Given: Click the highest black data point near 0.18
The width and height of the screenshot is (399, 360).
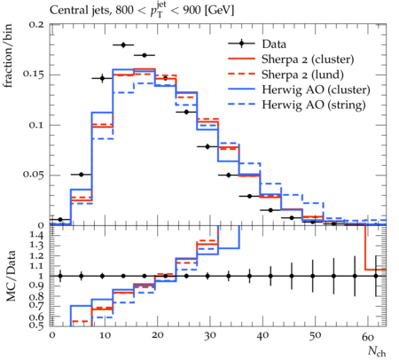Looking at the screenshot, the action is [123, 45].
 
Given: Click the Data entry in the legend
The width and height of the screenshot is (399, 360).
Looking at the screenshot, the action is [274, 44].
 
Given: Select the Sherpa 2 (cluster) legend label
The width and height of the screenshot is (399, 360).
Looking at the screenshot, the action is [308, 59].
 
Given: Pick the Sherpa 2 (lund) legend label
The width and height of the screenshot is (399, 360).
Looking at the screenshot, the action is [302, 74].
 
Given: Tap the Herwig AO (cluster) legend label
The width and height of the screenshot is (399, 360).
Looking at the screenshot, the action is [316, 90].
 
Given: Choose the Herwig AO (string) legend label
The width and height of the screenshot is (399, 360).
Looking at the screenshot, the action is [314, 105].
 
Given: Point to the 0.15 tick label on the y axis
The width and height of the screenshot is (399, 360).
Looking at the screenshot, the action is [34, 74].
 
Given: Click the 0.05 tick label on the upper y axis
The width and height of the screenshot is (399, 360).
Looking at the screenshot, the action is [34, 175].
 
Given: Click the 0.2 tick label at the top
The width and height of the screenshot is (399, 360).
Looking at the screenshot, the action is [37, 24].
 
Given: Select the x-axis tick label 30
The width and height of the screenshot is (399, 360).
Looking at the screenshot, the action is [209, 336].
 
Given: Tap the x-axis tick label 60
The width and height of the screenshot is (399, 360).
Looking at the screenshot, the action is [368, 336].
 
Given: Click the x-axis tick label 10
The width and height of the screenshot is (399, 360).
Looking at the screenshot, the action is [104, 336].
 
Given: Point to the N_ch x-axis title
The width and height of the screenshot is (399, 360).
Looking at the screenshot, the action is [377, 351].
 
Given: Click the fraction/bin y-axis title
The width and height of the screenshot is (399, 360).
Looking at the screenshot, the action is [8, 56].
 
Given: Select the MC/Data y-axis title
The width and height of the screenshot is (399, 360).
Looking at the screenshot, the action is [11, 276].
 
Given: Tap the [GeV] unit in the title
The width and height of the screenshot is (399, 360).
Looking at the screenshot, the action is [219, 11].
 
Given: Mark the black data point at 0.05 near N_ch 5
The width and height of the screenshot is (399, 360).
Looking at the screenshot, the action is [82, 175].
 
